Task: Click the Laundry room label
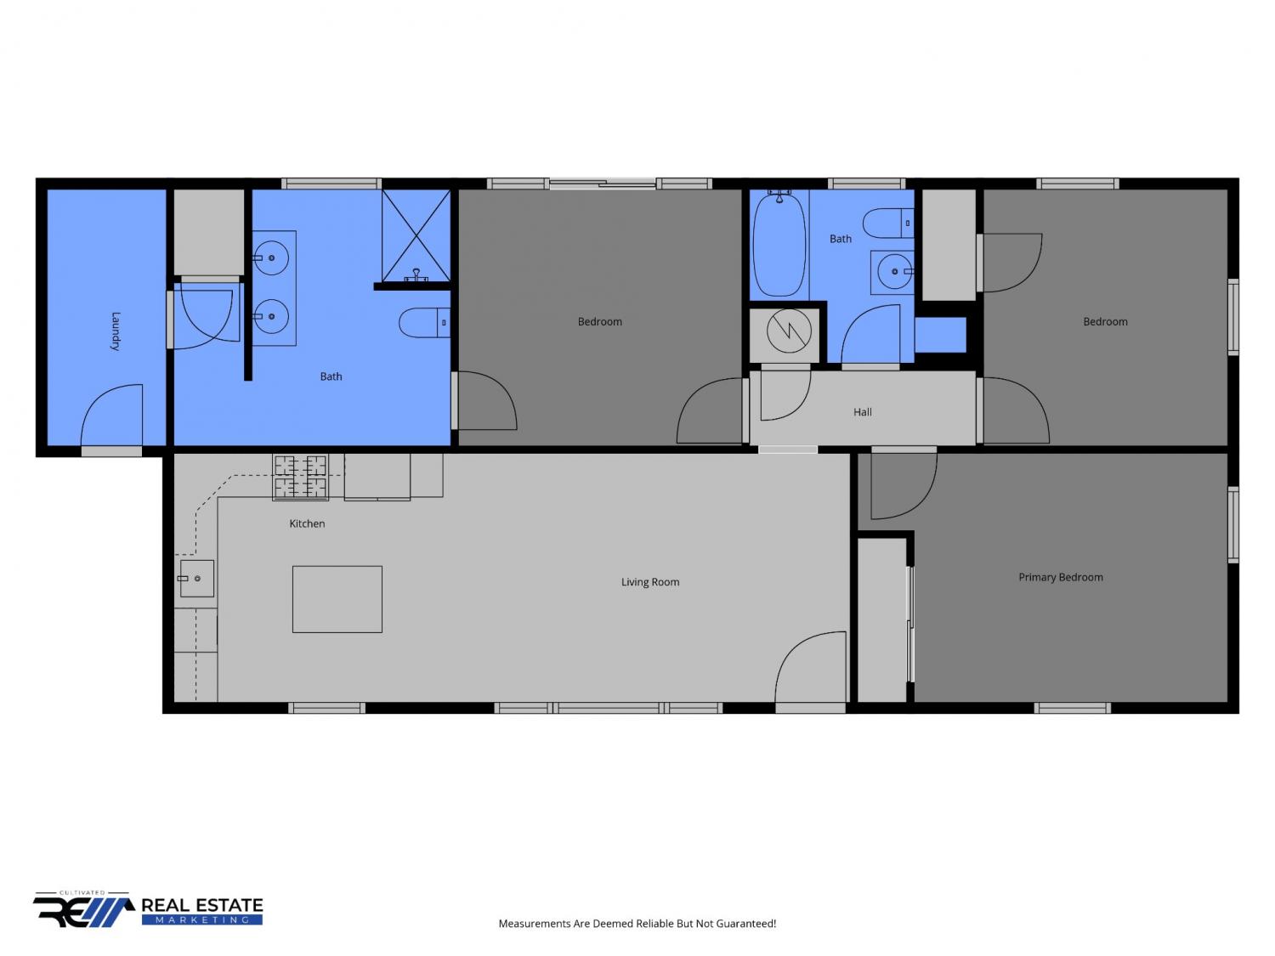click(x=116, y=331)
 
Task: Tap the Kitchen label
click(x=307, y=523)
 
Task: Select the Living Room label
click(x=650, y=582)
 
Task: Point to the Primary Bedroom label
click(x=1060, y=578)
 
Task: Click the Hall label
click(x=862, y=412)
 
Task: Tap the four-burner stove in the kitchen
click(x=300, y=477)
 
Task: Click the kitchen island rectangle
click(x=337, y=599)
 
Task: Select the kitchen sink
click(x=197, y=579)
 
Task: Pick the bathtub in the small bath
click(x=779, y=245)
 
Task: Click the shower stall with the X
click(x=416, y=236)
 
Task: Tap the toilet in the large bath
click(x=425, y=323)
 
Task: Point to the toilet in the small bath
click(x=888, y=223)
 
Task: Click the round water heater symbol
click(x=789, y=331)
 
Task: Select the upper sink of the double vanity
click(x=270, y=257)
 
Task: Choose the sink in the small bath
click(x=894, y=272)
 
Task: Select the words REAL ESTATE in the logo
click(x=202, y=906)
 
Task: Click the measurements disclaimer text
click(x=637, y=924)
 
